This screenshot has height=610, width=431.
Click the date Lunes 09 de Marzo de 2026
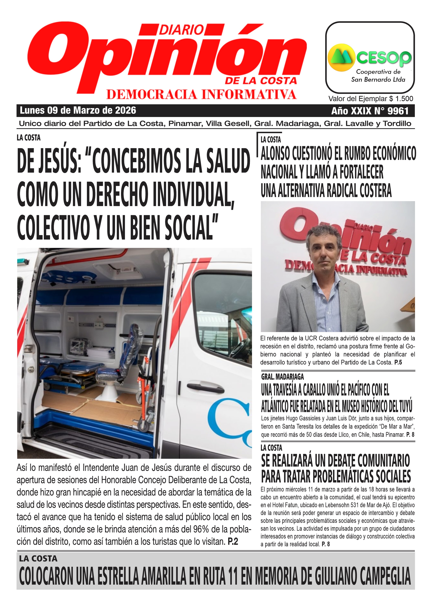(x=78, y=110)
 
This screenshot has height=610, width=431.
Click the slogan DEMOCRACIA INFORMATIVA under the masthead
(x=201, y=95)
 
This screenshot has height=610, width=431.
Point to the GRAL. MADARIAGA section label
(x=282, y=377)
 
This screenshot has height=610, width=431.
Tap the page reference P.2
(x=233, y=542)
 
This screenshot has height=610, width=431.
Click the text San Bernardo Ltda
(x=378, y=79)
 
